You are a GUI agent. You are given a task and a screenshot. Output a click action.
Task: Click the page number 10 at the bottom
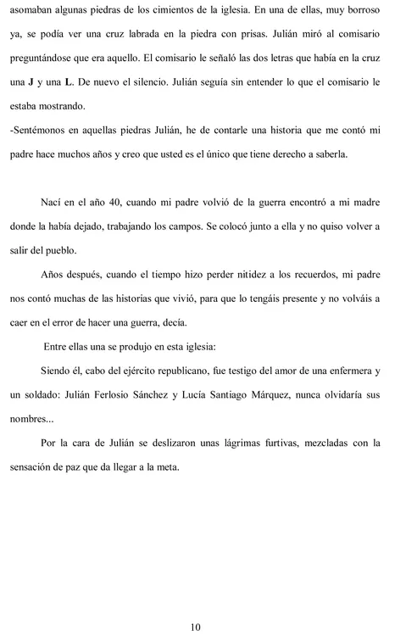coord(196,627)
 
